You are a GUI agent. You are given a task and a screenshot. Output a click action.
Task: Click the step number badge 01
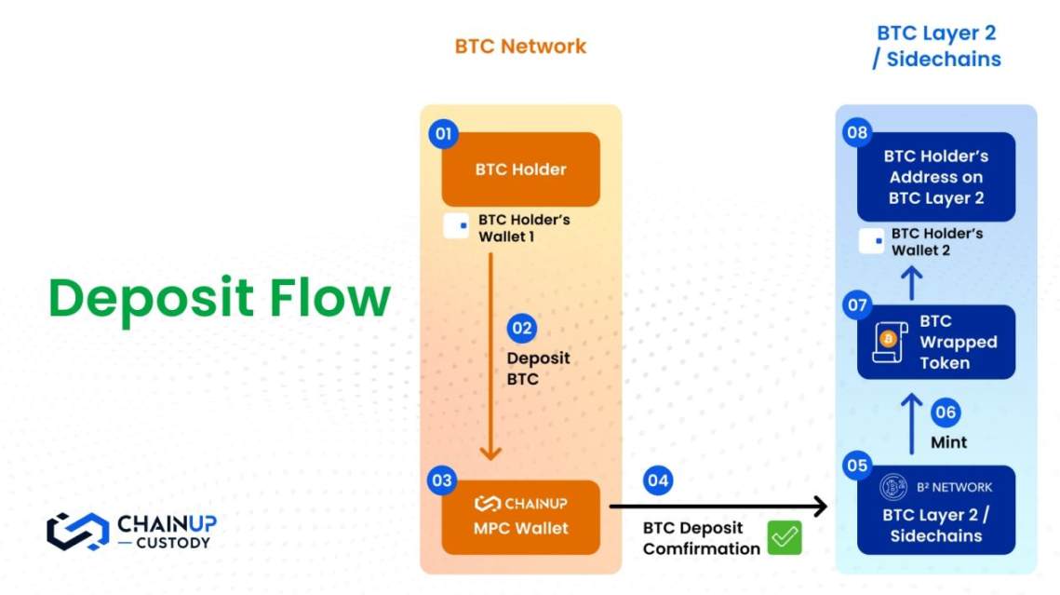click(x=443, y=134)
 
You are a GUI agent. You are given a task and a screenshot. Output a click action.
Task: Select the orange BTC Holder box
click(x=520, y=169)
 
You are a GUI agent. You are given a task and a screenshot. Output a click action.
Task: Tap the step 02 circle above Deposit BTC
click(x=522, y=329)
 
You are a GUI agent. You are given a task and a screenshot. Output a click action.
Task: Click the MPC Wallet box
click(x=520, y=517)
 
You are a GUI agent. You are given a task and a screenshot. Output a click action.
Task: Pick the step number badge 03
click(x=442, y=480)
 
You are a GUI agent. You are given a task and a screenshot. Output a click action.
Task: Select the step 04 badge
click(x=658, y=480)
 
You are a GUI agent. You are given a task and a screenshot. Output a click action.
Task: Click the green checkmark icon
click(x=785, y=538)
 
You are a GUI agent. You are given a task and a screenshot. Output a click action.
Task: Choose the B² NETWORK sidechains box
click(x=935, y=510)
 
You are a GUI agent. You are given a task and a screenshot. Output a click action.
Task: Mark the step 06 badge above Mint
click(x=945, y=412)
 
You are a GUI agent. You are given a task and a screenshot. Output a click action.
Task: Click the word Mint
click(x=949, y=442)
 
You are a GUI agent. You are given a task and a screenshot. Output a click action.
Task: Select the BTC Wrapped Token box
click(x=935, y=342)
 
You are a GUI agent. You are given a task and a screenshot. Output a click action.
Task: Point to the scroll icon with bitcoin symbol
click(x=890, y=342)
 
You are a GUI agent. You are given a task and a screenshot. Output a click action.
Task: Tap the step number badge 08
click(x=857, y=134)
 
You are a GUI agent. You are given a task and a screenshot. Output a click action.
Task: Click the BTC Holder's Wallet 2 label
click(x=936, y=242)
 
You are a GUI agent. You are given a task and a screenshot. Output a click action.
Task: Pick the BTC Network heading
click(x=520, y=46)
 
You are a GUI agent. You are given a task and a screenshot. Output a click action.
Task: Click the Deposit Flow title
click(x=220, y=299)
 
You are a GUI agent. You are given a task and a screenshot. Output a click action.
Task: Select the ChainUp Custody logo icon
click(x=77, y=531)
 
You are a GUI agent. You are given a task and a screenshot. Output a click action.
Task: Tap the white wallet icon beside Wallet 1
click(x=456, y=226)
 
